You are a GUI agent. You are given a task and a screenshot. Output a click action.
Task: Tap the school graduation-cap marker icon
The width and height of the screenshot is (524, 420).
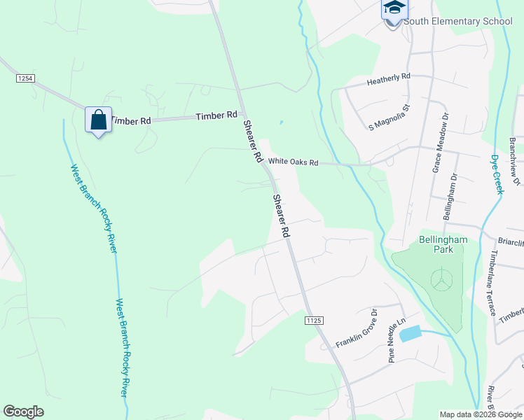pyautogui.click(x=394, y=9)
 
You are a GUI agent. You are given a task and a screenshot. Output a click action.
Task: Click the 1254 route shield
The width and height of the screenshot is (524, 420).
pyautogui.click(x=25, y=79)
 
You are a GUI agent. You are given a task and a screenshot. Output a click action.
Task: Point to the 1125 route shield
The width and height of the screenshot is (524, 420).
pyautogui.click(x=314, y=320)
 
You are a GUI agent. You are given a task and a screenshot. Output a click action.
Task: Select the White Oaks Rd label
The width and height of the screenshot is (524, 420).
pyautogui.click(x=293, y=162)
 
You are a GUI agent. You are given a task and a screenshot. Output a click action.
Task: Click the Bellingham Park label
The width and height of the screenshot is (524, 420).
pyautogui.click(x=443, y=244)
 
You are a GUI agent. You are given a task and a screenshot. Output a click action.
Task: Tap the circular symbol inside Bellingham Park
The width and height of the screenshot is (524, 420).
pyautogui.click(x=441, y=279)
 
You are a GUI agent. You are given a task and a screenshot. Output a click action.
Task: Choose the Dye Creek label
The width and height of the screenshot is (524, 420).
pyautogui.click(x=497, y=174)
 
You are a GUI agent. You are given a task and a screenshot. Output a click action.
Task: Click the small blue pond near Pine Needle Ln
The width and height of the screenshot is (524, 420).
pyautogui.click(x=410, y=334)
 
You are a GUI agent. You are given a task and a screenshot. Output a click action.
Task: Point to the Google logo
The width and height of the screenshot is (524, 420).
pyautogui.click(x=23, y=412)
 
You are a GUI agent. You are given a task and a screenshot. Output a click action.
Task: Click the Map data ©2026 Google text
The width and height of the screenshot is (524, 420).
pyautogui.click(x=481, y=414)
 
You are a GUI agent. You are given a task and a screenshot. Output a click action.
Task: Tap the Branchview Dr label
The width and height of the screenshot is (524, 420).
pyautogui.click(x=516, y=160)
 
